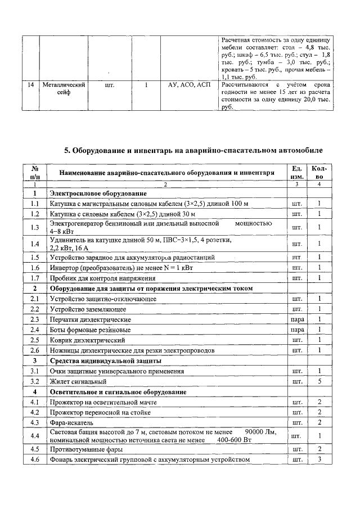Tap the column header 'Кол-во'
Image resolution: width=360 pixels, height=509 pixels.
(x=318, y=173)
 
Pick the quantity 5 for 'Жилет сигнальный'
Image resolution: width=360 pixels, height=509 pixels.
(x=318, y=381)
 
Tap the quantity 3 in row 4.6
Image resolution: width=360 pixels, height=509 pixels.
(x=318, y=460)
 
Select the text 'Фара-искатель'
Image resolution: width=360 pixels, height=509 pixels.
(x=71, y=422)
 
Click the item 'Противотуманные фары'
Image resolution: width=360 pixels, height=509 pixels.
(x=83, y=449)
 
